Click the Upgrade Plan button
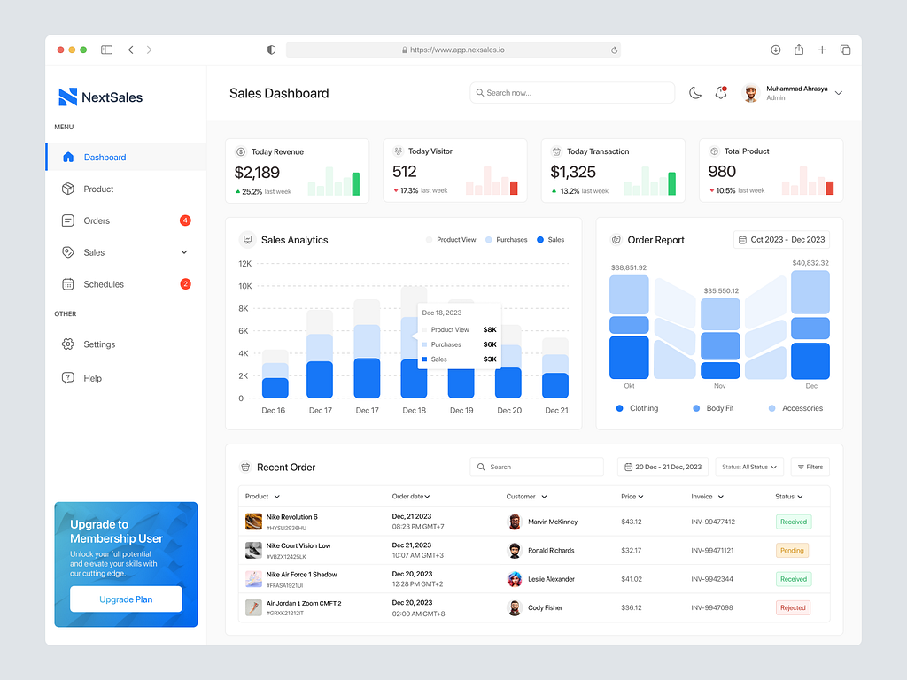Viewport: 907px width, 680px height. pyautogui.click(x=126, y=599)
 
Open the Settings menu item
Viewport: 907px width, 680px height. pyautogui.click(x=99, y=344)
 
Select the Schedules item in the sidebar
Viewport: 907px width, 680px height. pyautogui.click(x=104, y=284)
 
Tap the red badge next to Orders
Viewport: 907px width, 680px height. pyautogui.click(x=185, y=220)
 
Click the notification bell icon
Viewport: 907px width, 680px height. pyautogui.click(x=721, y=93)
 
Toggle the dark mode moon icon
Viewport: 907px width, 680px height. pyautogui.click(x=695, y=93)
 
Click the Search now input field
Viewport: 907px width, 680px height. pyautogui.click(x=572, y=93)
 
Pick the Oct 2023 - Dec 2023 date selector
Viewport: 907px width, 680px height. pyautogui.click(x=781, y=240)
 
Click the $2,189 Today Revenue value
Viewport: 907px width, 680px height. pyautogui.click(x=257, y=173)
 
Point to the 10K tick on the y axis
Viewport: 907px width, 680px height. pyautogui.click(x=245, y=286)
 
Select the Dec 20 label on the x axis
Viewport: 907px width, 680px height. pyautogui.click(x=509, y=411)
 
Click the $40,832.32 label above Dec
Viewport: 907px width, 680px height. pyautogui.click(x=810, y=263)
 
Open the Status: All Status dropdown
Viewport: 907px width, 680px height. pyautogui.click(x=749, y=467)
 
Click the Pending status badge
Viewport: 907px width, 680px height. pyautogui.click(x=792, y=551)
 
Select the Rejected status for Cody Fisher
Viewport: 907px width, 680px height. pyautogui.click(x=793, y=608)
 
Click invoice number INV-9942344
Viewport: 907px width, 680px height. pyautogui.click(x=712, y=579)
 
